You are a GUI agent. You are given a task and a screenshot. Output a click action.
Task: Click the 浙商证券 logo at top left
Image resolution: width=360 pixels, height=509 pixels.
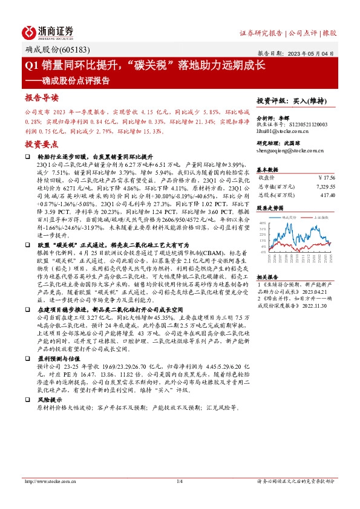point(48,31)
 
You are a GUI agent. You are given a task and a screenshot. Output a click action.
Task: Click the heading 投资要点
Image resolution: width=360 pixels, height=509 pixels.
point(42,144)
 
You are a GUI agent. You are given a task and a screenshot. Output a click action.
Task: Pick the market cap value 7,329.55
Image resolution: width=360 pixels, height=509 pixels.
point(324,187)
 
